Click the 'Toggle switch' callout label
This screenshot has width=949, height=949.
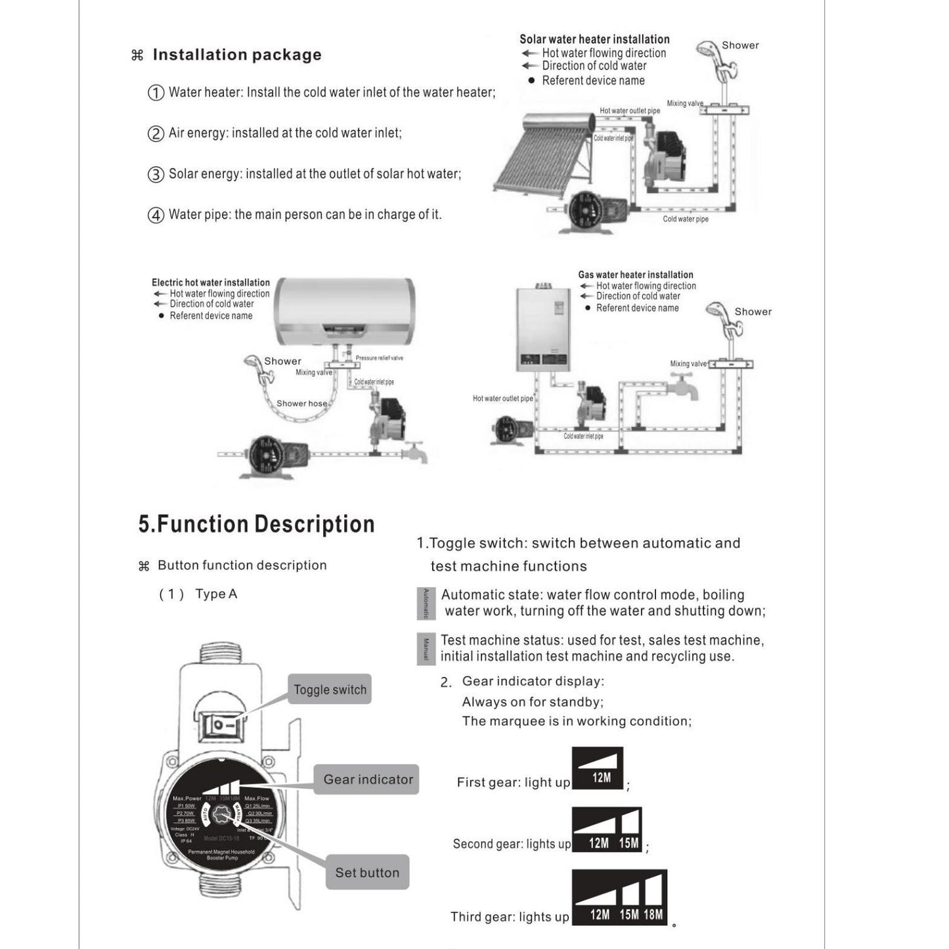(330, 690)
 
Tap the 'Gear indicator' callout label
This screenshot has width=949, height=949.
(368, 780)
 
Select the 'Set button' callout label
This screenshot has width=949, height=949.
(367, 873)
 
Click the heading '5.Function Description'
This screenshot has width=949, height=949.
(256, 524)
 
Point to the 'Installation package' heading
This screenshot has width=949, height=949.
(237, 55)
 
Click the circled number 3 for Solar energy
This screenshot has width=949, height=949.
(156, 175)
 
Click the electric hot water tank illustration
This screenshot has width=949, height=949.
(344, 311)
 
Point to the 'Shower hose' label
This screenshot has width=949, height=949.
(301, 403)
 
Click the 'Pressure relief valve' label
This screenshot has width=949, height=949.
(379, 358)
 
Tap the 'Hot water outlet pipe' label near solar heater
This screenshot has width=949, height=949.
(629, 111)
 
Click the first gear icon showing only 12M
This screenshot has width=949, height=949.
(598, 768)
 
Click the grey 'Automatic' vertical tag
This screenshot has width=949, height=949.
(426, 604)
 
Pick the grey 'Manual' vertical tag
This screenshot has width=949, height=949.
(426, 649)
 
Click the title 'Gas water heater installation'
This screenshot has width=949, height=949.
(635, 275)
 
